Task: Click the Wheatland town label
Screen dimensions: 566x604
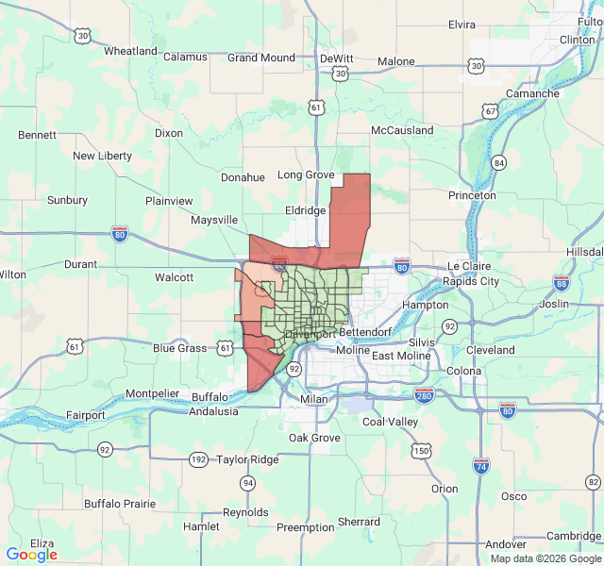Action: [x=130, y=51]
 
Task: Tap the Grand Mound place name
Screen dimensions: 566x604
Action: [x=261, y=58]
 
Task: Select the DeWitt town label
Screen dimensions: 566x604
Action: [x=336, y=58]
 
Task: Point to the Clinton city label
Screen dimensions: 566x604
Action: [x=578, y=40]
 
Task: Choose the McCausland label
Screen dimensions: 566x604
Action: [x=402, y=130]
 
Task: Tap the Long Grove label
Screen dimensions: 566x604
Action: [x=307, y=175]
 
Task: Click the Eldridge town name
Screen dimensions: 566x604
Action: [x=305, y=211]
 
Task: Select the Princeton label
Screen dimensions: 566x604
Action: [x=472, y=195]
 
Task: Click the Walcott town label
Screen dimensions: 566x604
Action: [x=174, y=277]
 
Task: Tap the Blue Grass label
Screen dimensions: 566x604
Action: [x=179, y=348]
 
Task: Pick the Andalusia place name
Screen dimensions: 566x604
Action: [x=213, y=411]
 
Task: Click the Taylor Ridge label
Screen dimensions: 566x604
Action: [x=248, y=459]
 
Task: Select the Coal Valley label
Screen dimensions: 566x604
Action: [x=390, y=422]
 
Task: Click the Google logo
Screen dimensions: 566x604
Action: [x=31, y=555]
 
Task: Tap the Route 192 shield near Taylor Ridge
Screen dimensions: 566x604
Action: [x=198, y=459]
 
